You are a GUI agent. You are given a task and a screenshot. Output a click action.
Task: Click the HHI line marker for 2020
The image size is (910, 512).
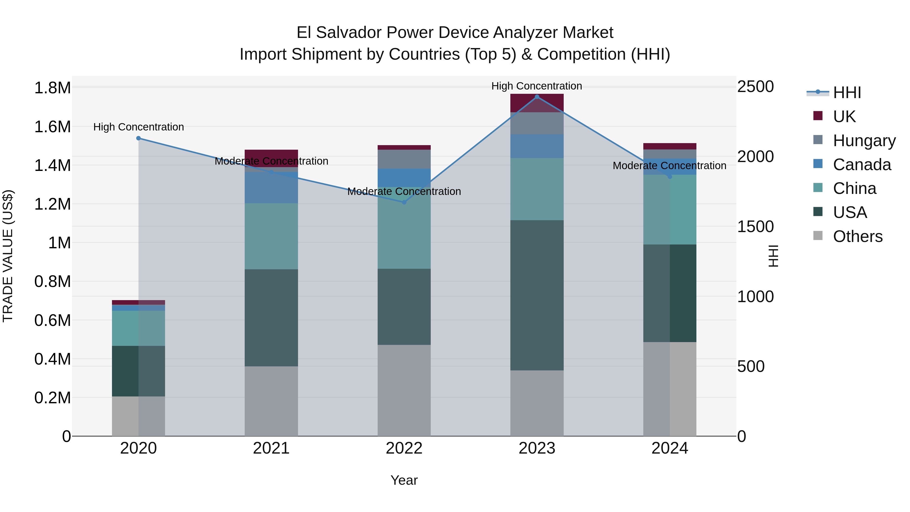(139, 138)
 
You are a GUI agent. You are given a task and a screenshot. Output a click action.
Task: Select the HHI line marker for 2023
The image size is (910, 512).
(537, 97)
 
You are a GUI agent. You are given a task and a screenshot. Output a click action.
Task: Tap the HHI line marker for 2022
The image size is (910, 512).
(404, 202)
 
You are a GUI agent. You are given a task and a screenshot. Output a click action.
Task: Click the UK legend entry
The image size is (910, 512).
(844, 117)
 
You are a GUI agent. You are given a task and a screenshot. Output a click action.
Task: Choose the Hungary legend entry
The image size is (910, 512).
(864, 141)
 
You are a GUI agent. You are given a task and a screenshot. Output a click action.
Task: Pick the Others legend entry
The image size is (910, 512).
(857, 236)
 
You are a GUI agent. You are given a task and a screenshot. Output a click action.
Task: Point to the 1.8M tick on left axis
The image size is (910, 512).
(52, 88)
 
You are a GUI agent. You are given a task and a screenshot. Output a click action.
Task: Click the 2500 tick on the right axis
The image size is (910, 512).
(755, 86)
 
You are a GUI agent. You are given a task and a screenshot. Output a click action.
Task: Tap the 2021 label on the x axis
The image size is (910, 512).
(271, 448)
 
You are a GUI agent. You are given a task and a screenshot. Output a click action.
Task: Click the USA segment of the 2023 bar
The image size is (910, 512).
(537, 295)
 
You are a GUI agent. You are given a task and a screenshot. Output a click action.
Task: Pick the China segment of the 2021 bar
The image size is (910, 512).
(271, 236)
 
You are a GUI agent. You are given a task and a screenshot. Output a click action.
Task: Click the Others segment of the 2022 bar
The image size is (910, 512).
(404, 390)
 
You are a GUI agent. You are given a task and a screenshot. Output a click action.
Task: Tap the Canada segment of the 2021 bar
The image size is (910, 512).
(271, 188)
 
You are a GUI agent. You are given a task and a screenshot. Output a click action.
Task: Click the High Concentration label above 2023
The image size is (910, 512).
(537, 86)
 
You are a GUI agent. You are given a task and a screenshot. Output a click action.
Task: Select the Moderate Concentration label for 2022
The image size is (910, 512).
(404, 191)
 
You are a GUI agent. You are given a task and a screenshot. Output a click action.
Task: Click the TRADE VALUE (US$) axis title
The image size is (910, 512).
(8, 256)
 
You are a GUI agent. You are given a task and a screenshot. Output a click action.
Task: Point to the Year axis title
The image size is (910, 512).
(404, 480)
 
